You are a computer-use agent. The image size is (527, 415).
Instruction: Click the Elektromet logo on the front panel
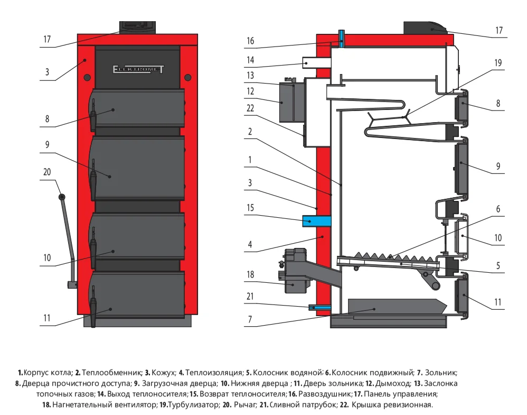coord(138,68)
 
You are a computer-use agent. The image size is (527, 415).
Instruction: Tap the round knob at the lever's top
coord(62,197)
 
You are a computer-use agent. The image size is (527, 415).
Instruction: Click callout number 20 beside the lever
coord(46,172)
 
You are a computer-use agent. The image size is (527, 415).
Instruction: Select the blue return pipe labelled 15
coord(316,220)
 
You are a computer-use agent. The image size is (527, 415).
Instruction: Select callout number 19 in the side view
coord(498,62)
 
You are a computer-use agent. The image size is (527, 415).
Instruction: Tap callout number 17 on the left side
coord(47,39)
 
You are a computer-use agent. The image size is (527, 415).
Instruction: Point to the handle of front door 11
coord(93,307)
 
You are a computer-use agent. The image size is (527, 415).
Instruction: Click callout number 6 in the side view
coord(498,209)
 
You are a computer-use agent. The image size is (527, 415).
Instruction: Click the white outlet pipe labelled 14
coord(316,63)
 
